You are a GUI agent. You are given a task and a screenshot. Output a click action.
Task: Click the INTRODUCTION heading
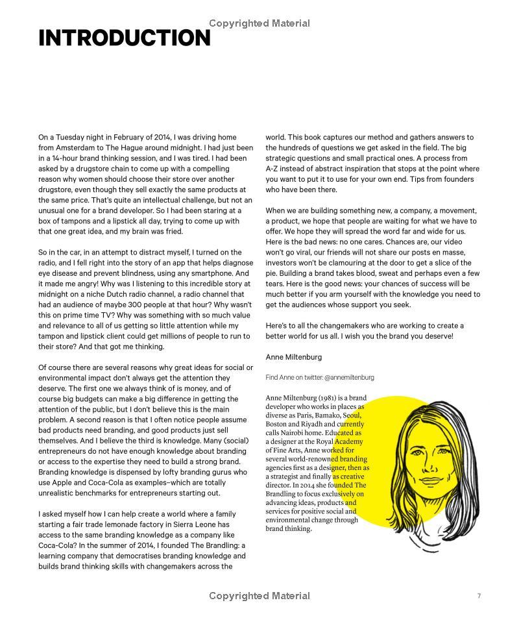click(125, 38)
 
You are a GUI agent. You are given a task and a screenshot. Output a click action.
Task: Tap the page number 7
click(479, 596)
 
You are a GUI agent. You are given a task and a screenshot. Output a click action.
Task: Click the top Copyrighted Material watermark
click(259, 23)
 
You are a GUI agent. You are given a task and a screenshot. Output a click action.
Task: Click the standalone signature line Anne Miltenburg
click(293, 357)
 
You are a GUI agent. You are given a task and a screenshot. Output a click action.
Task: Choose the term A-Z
click(272, 169)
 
